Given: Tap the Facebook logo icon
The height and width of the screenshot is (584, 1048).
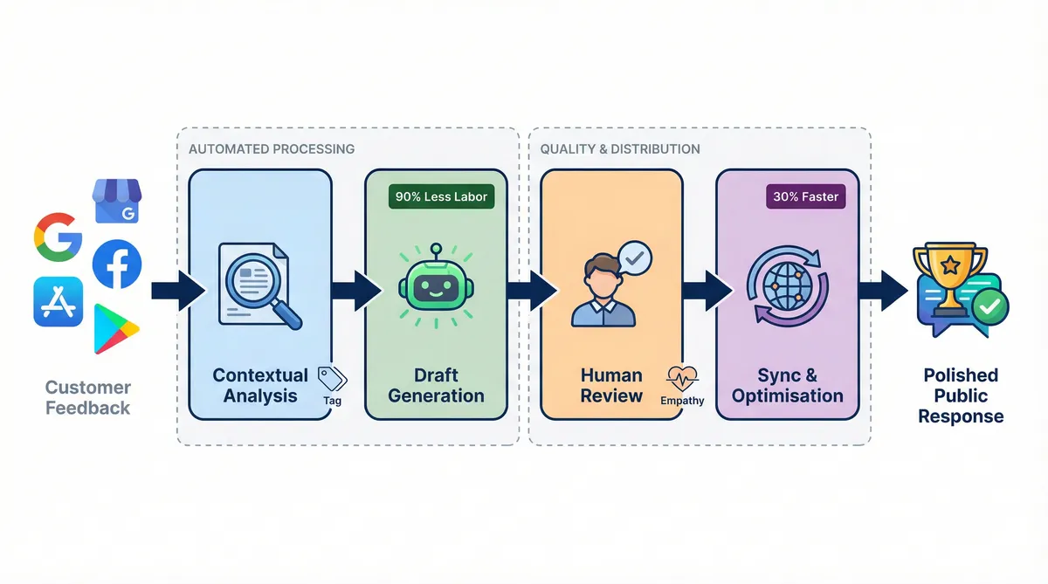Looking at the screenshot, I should pyautogui.click(x=116, y=265).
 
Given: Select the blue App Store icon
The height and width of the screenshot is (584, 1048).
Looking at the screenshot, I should pyautogui.click(x=59, y=302).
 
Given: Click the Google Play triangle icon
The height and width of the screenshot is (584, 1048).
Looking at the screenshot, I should pyautogui.click(x=115, y=329).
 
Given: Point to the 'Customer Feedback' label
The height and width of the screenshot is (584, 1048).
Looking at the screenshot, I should pyautogui.click(x=87, y=397).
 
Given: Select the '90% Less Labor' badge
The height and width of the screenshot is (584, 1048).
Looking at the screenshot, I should pyautogui.click(x=441, y=196).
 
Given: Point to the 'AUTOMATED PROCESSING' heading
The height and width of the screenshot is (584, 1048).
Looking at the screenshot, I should pyautogui.click(x=272, y=148).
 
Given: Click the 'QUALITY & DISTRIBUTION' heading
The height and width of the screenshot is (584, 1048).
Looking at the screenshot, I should pyautogui.click(x=620, y=148).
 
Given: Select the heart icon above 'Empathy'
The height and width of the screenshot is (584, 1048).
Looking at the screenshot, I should pyautogui.click(x=680, y=378).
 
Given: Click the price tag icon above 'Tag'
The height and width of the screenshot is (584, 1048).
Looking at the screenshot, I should pyautogui.click(x=332, y=378).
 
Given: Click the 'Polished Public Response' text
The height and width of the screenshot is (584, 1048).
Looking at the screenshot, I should pyautogui.click(x=961, y=395).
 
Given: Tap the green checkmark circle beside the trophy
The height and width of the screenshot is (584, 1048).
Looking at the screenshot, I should pyautogui.click(x=990, y=306).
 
